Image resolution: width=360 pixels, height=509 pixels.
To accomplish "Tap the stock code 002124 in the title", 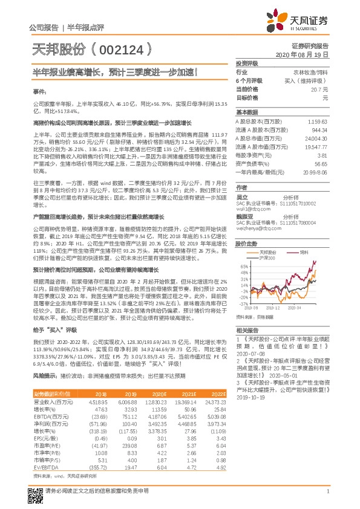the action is (x=116, y=48).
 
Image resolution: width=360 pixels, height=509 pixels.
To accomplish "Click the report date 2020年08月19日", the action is (x=309, y=54).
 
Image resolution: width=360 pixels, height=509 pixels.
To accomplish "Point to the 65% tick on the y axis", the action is (x=244, y=265).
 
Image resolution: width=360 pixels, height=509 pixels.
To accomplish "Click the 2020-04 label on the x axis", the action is (x=313, y=308).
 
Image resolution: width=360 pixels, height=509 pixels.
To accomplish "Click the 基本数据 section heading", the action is (x=246, y=113).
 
